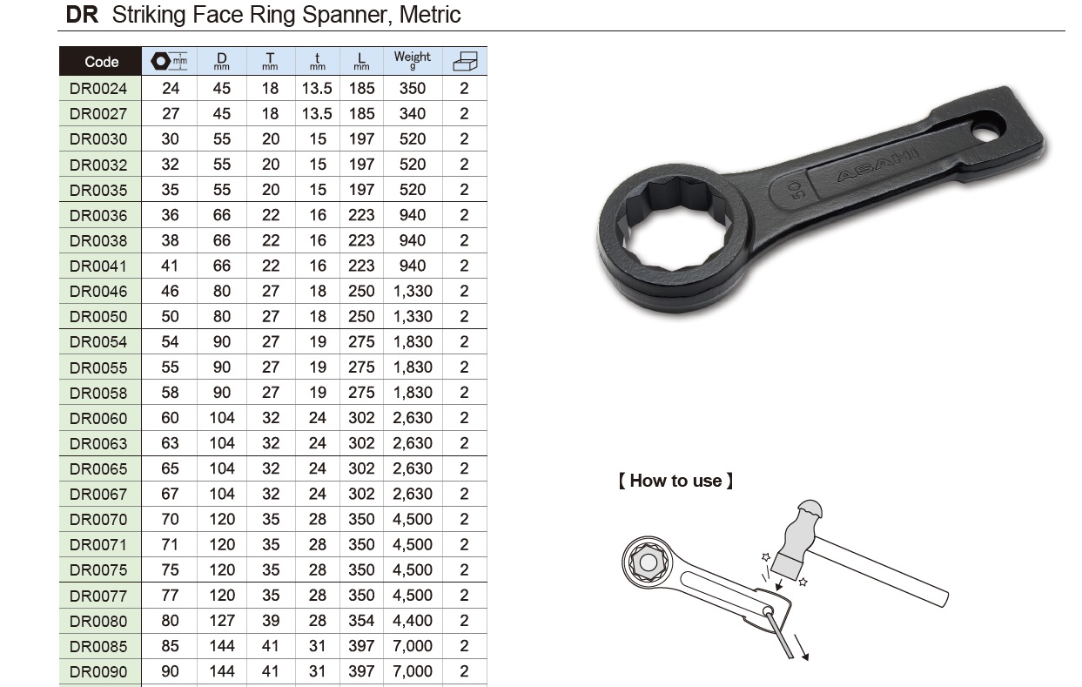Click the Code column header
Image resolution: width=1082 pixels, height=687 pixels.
coord(101,62)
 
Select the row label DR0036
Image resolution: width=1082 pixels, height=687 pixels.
coord(98,215)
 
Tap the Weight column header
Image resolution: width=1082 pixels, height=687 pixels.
coord(412,60)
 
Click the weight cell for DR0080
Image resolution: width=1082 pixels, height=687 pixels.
coord(412,620)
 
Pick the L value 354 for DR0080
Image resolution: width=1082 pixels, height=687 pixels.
coord(361,620)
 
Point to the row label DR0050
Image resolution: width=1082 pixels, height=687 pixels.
coord(98,316)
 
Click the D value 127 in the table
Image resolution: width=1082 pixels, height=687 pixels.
coord(222,620)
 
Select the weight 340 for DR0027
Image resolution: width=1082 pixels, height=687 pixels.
coord(412,114)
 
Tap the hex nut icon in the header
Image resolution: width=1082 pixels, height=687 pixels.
coord(160,61)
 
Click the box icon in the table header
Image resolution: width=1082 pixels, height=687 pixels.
coord(465,61)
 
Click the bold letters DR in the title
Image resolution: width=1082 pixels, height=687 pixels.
coord(82,15)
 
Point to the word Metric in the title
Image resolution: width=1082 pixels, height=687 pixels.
coord(430,15)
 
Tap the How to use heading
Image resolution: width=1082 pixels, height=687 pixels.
coord(675,481)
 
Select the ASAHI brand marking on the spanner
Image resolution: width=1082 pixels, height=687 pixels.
coord(878,165)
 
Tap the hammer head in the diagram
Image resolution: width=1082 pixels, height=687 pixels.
coord(797,540)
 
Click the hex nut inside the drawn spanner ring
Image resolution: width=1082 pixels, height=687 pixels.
coord(648,562)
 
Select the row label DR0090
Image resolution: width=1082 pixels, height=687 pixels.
coord(98,671)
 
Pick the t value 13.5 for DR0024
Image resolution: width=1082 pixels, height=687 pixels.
coord(317,89)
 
